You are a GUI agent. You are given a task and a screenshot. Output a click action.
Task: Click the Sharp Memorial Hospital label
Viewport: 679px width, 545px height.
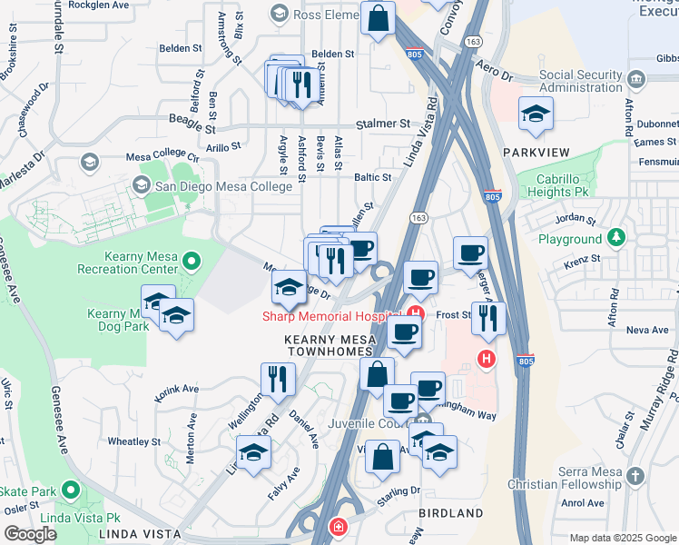(331, 316)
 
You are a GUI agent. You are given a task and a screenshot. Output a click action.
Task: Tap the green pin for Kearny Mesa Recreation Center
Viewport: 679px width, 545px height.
(191, 263)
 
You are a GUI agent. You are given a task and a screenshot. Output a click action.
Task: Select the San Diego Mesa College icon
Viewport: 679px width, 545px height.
(141, 185)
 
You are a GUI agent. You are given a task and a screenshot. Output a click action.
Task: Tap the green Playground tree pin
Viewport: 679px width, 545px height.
(616, 238)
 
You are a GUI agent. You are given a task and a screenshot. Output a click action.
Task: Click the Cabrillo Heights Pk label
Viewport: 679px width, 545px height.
(571, 185)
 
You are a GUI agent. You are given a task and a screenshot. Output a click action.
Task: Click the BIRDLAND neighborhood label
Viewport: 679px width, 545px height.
(451, 513)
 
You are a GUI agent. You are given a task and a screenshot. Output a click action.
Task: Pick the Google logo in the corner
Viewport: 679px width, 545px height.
(29, 534)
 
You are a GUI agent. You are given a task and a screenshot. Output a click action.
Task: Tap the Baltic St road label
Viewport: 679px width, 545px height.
(372, 178)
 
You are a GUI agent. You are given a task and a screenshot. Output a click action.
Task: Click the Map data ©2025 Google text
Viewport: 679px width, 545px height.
(622, 538)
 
